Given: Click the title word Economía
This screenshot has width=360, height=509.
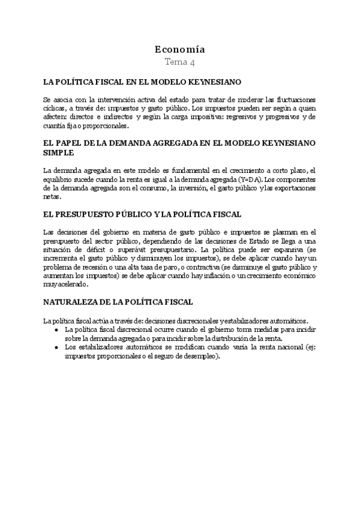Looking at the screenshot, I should pos(179,49).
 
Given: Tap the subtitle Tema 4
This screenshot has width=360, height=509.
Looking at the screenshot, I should pos(179,62).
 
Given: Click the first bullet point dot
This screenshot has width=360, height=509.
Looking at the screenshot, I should pos(56,330).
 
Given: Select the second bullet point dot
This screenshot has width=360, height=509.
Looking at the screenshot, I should pos(56,347).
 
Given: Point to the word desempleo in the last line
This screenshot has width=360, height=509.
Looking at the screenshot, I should pos(201,356).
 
